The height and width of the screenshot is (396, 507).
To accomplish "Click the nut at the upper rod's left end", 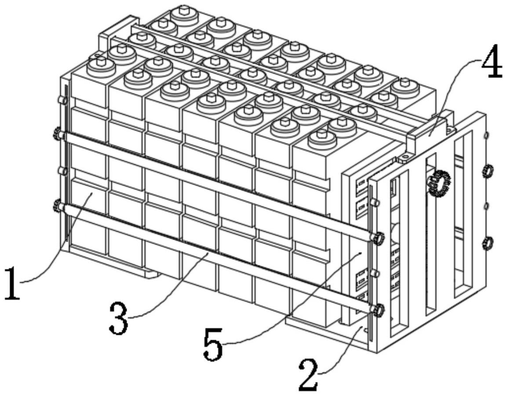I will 58,134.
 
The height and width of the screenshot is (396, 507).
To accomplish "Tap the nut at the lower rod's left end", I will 58,205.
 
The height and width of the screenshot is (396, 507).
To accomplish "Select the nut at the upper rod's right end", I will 378,238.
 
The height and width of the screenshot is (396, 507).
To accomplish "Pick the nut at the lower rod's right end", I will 378,310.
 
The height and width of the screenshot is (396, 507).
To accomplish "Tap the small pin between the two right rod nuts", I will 375,274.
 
